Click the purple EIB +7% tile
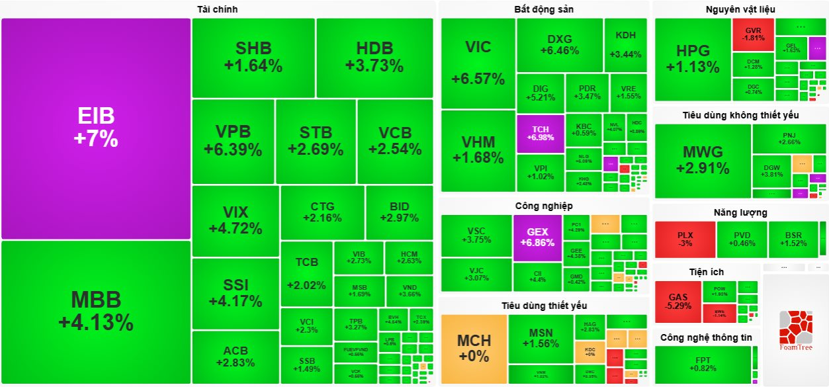(96, 128)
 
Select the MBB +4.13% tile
(96, 312)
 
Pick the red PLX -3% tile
(685, 239)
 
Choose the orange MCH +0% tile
(474, 349)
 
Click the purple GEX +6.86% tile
(537, 237)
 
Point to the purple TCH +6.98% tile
(540, 133)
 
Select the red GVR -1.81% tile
(753, 34)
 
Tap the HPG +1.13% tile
(693, 59)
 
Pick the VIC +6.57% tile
(478, 63)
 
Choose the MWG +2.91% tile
(702, 161)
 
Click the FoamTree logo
(795, 330)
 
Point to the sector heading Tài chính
(217, 9)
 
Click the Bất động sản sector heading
(543, 9)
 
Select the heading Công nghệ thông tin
(705, 337)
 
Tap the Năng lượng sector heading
(740, 212)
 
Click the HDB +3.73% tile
(374, 57)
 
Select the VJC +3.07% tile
(476, 275)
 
